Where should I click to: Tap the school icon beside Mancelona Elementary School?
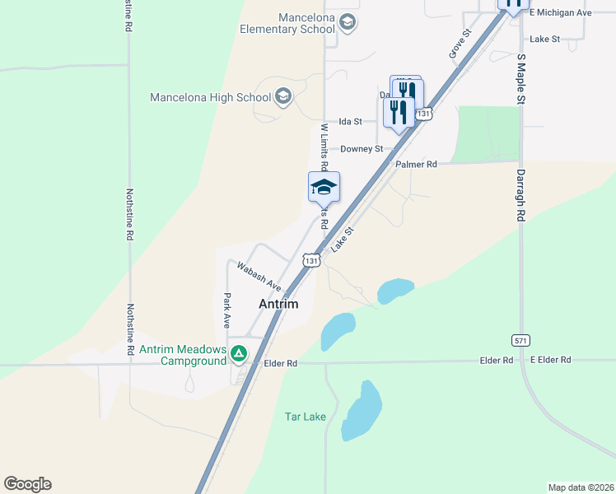[348, 22]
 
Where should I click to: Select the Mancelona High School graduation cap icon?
[282, 97]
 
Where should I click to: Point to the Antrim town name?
[278, 304]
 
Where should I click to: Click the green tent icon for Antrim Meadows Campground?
[238, 354]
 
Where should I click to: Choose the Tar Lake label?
[305, 417]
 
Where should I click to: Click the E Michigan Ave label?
[561, 13]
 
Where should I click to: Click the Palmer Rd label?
[416, 165]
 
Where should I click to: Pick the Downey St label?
[362, 149]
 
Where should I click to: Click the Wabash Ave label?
[259, 276]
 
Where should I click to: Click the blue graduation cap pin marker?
[324, 188]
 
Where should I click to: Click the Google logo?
[27, 484]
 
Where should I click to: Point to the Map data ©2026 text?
[581, 487]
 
